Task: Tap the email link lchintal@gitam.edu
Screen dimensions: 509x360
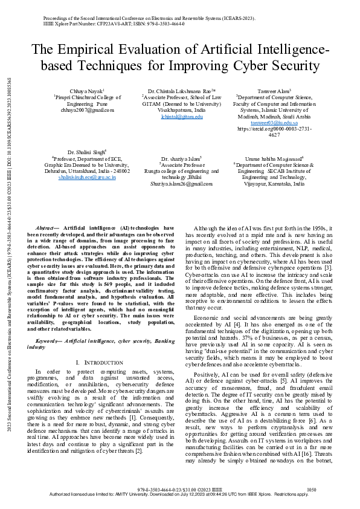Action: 182,117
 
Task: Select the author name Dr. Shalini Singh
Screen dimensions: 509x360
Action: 86,152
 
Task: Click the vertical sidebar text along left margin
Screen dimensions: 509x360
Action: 6,254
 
